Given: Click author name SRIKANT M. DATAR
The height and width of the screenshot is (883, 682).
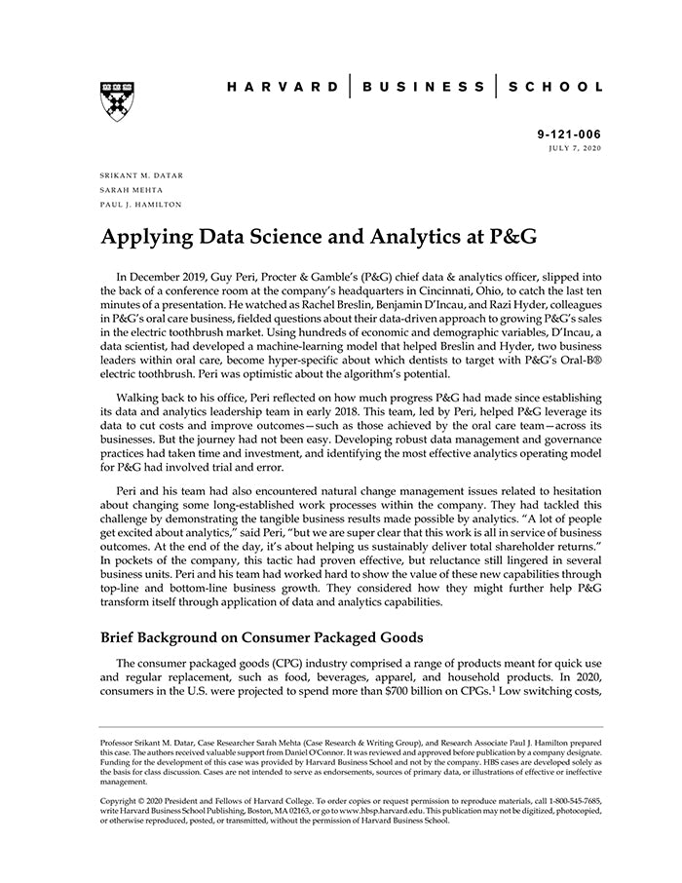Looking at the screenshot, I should pos(141,175).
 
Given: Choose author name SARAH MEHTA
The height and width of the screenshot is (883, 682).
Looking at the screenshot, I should pos(130,190).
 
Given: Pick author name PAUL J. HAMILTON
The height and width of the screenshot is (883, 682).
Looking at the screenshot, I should pos(140,205).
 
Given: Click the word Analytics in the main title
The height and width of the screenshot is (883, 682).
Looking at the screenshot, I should pos(394,237).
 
